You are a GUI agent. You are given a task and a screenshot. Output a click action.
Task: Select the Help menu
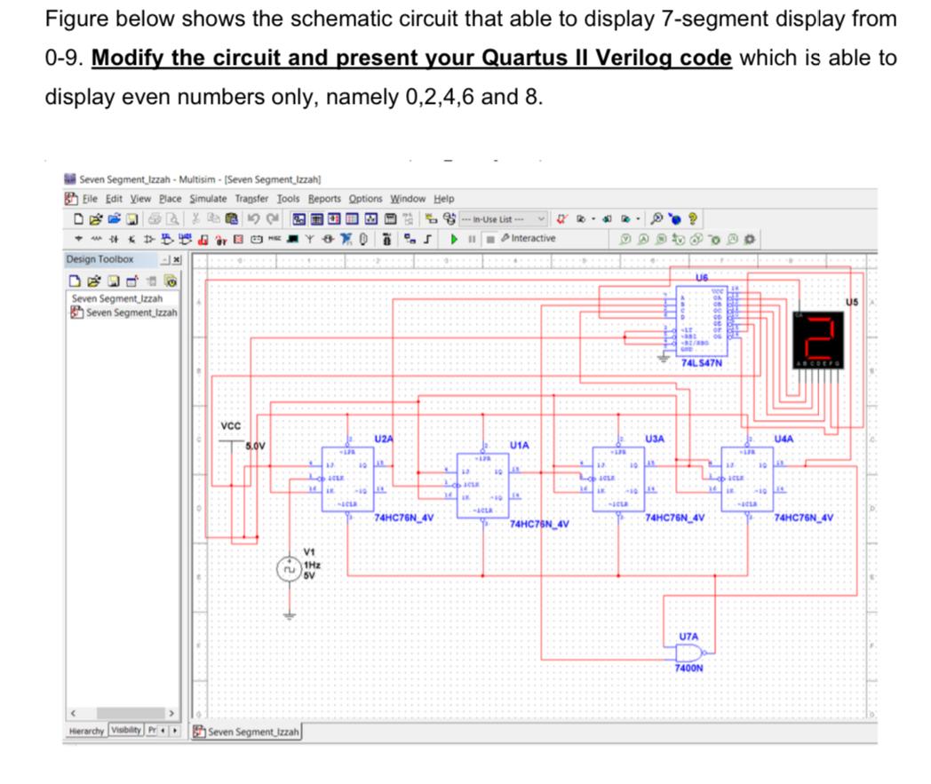(x=443, y=199)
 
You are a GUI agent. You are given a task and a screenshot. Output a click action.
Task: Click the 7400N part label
(x=690, y=669)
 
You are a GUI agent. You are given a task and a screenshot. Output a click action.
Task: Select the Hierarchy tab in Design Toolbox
(x=88, y=732)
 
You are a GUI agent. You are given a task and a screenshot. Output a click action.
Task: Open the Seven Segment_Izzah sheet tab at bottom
(x=252, y=732)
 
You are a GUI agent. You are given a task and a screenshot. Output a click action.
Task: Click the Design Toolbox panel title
(x=100, y=259)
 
